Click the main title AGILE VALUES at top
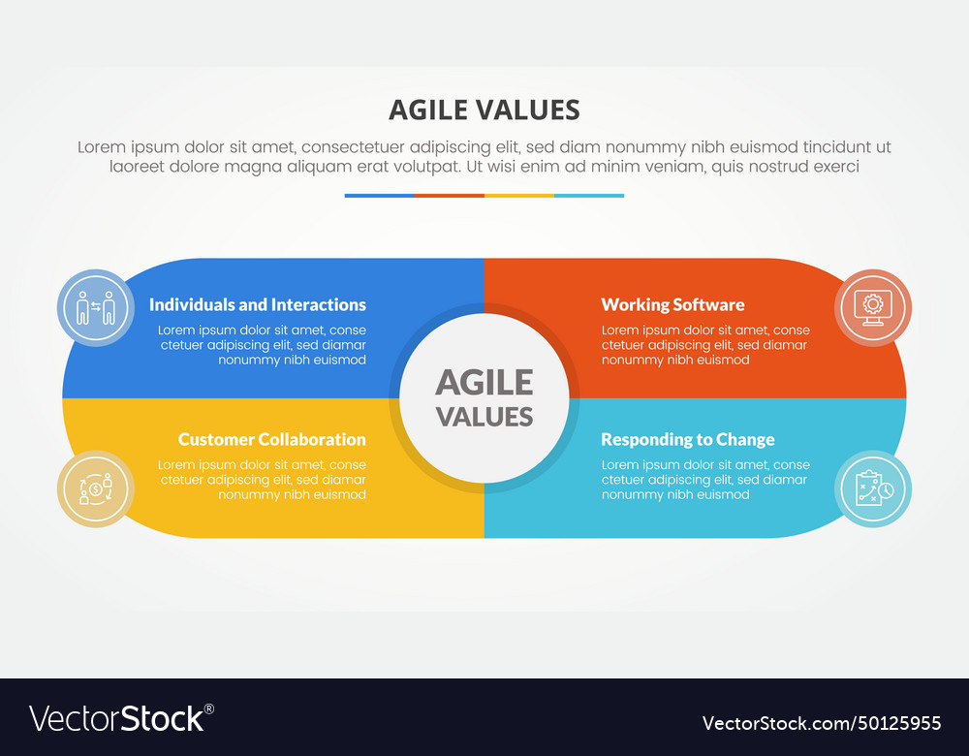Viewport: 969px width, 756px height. point(484,110)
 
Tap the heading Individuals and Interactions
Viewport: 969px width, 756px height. point(258,304)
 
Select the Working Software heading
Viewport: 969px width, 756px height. point(672,304)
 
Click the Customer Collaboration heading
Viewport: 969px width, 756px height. point(272,439)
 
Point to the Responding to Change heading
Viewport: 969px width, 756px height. point(688,439)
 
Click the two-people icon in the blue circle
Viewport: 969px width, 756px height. point(96,308)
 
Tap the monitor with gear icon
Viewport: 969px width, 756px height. point(873,308)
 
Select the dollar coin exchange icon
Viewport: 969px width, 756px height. point(96,488)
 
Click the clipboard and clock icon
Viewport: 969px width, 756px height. point(873,488)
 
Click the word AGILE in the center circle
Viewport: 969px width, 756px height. point(484,382)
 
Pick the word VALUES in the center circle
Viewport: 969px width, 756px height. point(484,416)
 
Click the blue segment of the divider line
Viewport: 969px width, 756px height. point(380,196)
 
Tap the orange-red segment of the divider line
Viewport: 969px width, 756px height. point(450,196)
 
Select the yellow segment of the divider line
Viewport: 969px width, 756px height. point(519,196)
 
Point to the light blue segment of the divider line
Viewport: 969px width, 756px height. point(589,196)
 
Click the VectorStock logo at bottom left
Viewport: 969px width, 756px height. point(121,718)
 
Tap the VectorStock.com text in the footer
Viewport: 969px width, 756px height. point(768,723)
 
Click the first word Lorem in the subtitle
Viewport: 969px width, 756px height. point(101,147)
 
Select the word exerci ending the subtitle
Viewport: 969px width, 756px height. point(834,167)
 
